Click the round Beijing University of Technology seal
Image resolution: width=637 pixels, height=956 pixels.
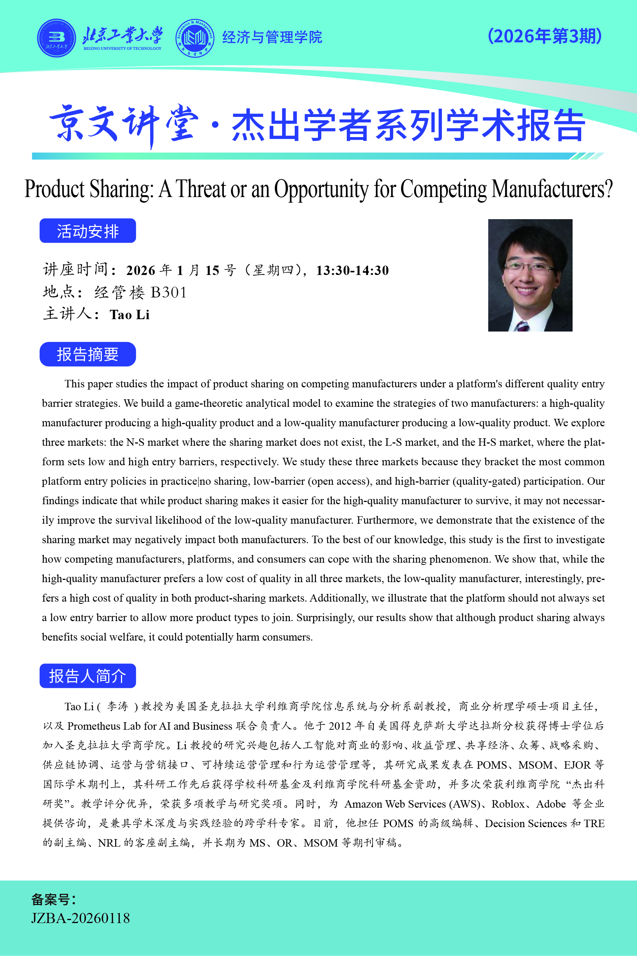pos(57,38)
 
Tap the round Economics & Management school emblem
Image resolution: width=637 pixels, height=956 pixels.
pos(195,38)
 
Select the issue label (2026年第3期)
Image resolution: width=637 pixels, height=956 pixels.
pos(545,36)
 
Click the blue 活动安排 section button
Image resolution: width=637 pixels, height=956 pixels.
pos(88,231)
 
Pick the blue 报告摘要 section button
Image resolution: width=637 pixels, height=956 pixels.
pos(88,354)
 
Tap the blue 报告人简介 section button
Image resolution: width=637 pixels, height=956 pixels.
pos(88,676)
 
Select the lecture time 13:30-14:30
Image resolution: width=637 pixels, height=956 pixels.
pos(352,270)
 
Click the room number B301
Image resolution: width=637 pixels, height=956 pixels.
pos(169,293)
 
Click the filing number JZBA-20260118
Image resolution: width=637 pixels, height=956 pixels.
pos(81,919)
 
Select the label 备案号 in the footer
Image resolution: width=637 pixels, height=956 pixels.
pos(53,899)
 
